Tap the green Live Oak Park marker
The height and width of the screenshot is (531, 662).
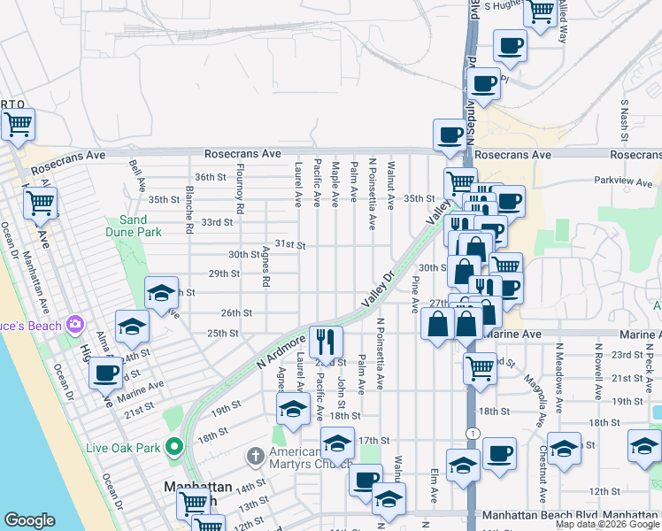(x=173, y=446)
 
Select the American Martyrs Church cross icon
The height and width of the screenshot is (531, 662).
(x=255, y=457)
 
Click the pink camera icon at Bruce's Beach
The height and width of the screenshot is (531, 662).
(x=75, y=325)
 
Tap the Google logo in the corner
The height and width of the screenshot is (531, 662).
(x=29, y=520)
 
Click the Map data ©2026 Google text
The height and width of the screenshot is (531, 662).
(x=607, y=524)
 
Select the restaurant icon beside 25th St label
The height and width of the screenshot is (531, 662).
(x=326, y=340)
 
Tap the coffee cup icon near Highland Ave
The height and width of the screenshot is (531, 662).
(x=105, y=373)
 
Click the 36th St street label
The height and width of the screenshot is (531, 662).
(x=211, y=177)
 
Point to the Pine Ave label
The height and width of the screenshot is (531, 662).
(x=414, y=293)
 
